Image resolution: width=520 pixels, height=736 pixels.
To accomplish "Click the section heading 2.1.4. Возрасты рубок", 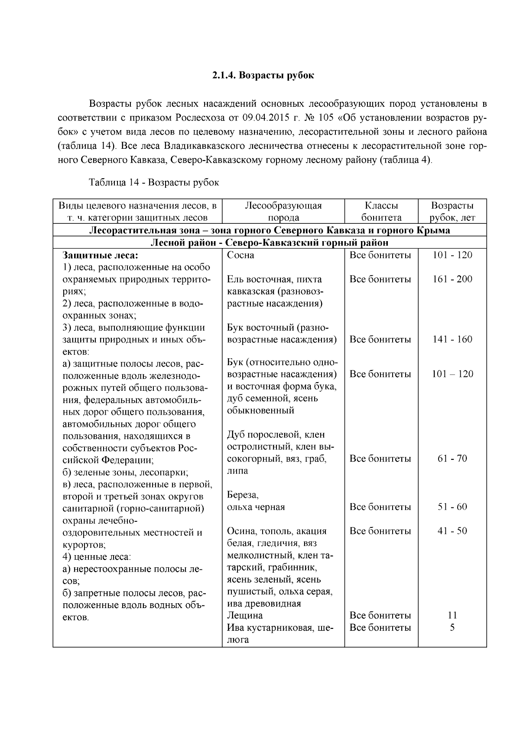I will (x=263, y=75).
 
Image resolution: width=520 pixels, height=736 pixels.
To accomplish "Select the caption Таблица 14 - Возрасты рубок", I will (x=154, y=183).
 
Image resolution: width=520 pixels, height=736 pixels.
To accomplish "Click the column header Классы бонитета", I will (x=381, y=212).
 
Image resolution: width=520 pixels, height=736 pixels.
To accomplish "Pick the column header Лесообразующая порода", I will (x=283, y=212).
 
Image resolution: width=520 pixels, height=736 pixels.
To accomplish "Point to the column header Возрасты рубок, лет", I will (x=452, y=212).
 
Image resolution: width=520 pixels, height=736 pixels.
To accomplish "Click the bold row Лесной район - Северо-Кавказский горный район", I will (x=270, y=243).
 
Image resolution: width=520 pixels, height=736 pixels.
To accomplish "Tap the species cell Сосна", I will (x=240, y=255).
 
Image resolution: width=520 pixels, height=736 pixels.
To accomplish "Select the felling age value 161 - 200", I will (x=452, y=279).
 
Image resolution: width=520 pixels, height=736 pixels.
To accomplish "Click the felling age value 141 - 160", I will (x=452, y=340).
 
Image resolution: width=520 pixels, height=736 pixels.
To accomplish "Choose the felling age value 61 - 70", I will (x=452, y=459).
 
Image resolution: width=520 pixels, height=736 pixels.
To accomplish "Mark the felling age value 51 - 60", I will (x=452, y=507).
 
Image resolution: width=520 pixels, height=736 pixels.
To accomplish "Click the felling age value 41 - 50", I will (x=452, y=531).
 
